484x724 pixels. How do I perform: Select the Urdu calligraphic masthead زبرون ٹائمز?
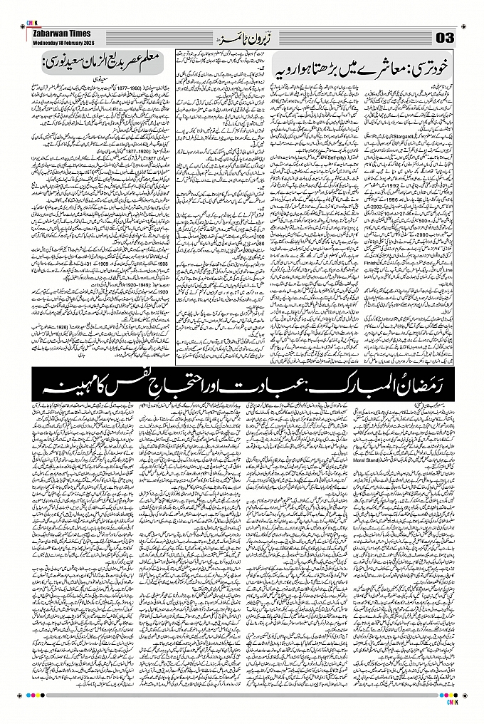pos(241,36)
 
